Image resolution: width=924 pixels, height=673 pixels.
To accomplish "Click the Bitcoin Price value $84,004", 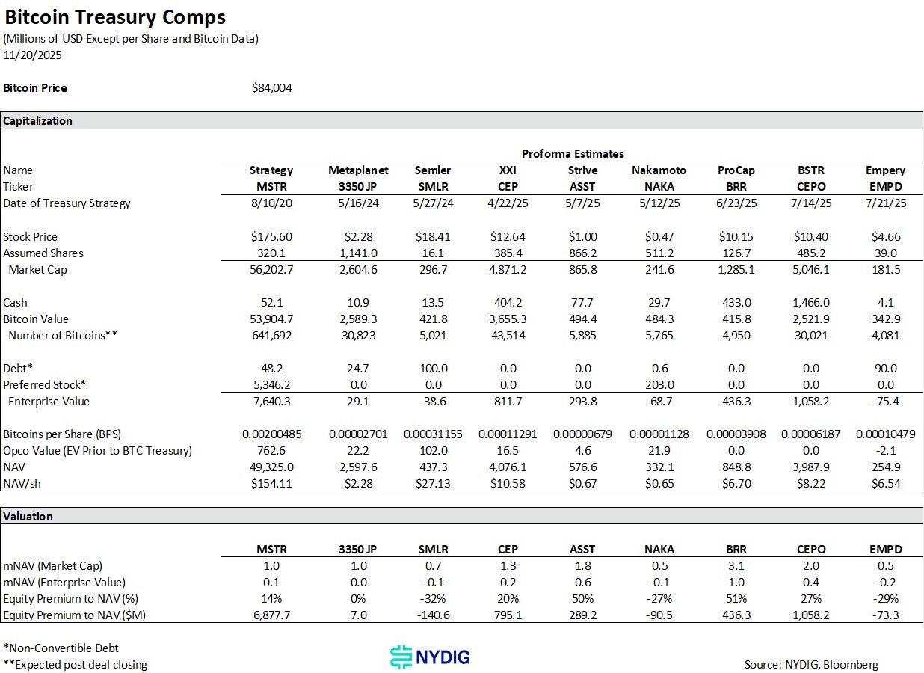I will click(x=272, y=88).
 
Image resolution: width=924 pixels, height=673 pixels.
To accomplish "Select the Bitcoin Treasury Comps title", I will click(x=115, y=17).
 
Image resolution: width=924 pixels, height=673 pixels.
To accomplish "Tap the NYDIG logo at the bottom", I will click(x=431, y=657).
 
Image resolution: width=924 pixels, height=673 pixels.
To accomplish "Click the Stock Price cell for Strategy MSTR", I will click(x=271, y=236).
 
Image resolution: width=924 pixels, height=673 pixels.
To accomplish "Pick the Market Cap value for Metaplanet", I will click(x=358, y=269).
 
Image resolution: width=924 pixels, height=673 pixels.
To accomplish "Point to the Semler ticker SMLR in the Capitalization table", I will click(x=433, y=187).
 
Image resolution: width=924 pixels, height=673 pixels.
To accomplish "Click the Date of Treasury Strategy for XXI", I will click(x=508, y=203).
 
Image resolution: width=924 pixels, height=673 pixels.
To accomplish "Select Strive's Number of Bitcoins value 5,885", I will click(x=582, y=335).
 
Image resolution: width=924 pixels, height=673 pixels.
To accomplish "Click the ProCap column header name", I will click(x=736, y=170).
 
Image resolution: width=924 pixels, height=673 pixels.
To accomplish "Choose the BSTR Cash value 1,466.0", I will click(x=810, y=302).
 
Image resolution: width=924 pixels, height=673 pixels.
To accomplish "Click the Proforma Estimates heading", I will click(x=573, y=154).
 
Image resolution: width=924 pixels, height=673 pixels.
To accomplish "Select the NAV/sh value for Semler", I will click(x=433, y=483).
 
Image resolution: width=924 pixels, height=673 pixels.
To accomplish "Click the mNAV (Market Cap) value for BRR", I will click(x=736, y=566).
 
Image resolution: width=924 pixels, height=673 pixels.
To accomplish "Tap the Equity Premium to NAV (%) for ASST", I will click(x=582, y=599).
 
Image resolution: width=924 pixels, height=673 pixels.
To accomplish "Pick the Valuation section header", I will click(x=28, y=516).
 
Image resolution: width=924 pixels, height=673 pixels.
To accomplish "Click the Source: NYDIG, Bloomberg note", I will click(x=811, y=664).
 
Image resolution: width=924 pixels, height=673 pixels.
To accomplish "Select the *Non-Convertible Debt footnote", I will click(x=61, y=648).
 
